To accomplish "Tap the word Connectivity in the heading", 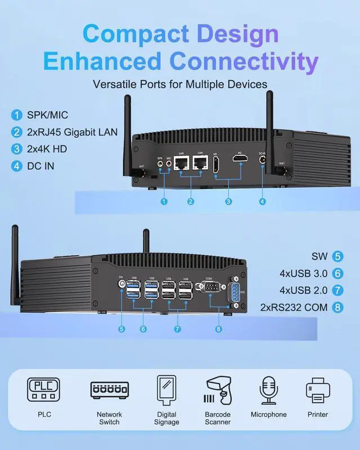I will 245,61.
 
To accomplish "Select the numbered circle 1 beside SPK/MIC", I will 16,115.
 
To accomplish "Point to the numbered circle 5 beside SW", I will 337,256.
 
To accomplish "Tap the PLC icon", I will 43,389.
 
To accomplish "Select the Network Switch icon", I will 110,389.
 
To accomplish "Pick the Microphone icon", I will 269,389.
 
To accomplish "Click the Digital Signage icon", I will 166,389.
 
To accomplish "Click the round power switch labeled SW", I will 122,285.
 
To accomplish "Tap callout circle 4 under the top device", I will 262,201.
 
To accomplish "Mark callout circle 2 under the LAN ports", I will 191,201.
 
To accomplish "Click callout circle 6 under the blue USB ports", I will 143,329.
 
